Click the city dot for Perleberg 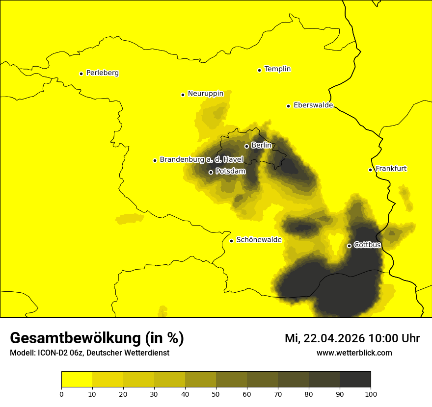point(81,74)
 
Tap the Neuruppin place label point(205,94)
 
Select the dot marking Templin point(259,70)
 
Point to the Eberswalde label point(313,105)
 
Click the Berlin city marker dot point(246,146)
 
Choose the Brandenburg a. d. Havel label point(201,160)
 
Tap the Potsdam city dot point(211,172)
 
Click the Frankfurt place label point(391,169)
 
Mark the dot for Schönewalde point(231,241)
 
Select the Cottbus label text point(367,245)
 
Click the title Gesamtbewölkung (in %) point(97,338)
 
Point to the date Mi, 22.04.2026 point(325,338)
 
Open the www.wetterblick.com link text point(354,353)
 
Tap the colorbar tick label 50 point(216,394)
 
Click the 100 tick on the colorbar point(370,394)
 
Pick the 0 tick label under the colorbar point(61,394)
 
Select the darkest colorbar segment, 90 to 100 point(355,380)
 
